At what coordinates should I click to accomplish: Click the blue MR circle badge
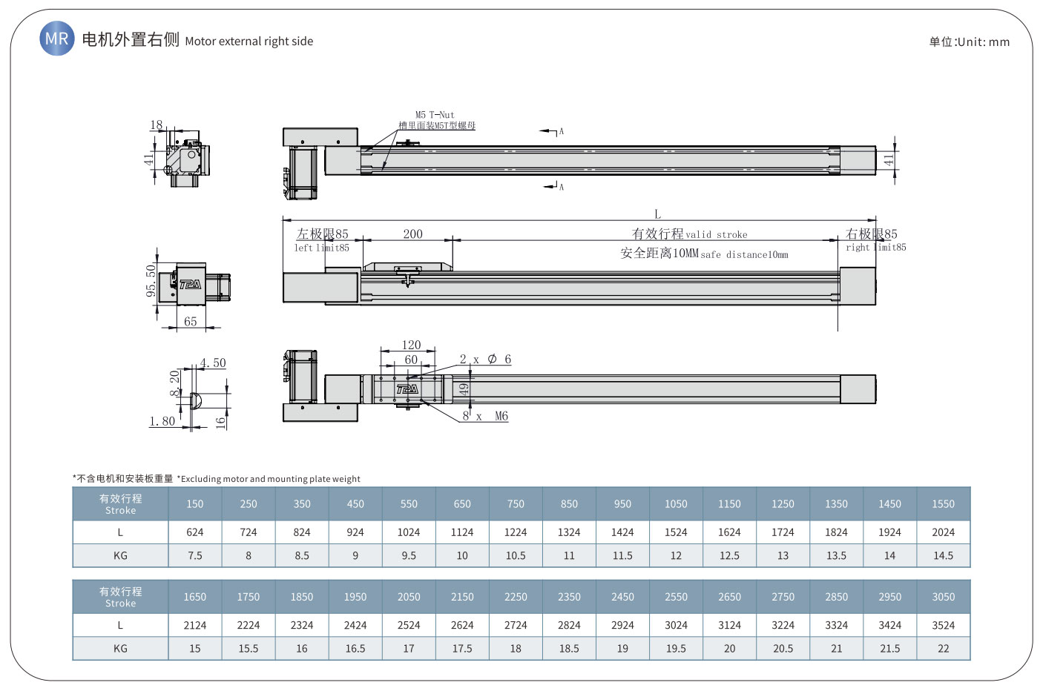(57, 38)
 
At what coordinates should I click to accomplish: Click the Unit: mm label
(970, 42)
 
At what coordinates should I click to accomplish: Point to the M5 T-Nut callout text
(435, 114)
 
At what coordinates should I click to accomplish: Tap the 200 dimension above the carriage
(413, 234)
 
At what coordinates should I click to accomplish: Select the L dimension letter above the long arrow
(657, 214)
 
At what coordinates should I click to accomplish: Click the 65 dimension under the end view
(191, 321)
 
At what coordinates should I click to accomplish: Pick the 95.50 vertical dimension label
(151, 280)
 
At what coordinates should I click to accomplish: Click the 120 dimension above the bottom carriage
(411, 345)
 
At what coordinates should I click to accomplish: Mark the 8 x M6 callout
(485, 416)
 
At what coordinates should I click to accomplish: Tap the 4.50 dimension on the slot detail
(213, 363)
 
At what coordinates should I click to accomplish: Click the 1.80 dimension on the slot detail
(162, 421)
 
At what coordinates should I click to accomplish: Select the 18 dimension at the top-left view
(157, 125)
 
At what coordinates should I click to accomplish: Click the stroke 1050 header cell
(676, 504)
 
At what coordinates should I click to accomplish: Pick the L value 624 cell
(194, 532)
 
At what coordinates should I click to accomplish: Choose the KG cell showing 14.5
(944, 555)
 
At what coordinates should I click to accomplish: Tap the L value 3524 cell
(944, 626)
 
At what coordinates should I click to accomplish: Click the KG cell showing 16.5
(355, 649)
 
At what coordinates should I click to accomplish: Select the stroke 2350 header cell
(569, 597)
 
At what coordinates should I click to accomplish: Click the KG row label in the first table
(120, 555)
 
